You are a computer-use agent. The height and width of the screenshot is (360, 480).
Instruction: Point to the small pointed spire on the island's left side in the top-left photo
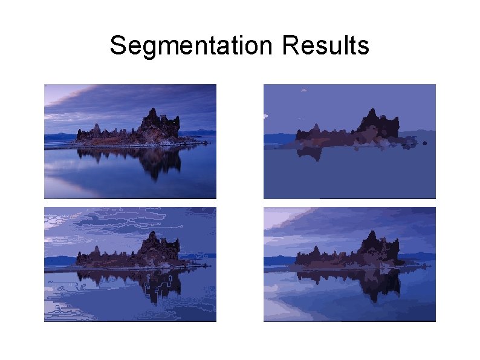[x=96, y=126]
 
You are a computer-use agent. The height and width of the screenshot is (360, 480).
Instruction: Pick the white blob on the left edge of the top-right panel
[x=265, y=116]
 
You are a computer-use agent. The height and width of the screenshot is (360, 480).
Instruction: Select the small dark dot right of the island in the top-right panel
[x=426, y=143]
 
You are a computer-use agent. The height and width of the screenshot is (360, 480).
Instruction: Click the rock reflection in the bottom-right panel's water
[x=375, y=283]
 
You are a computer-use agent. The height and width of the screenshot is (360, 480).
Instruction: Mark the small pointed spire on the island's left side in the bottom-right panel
[x=316, y=249]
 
